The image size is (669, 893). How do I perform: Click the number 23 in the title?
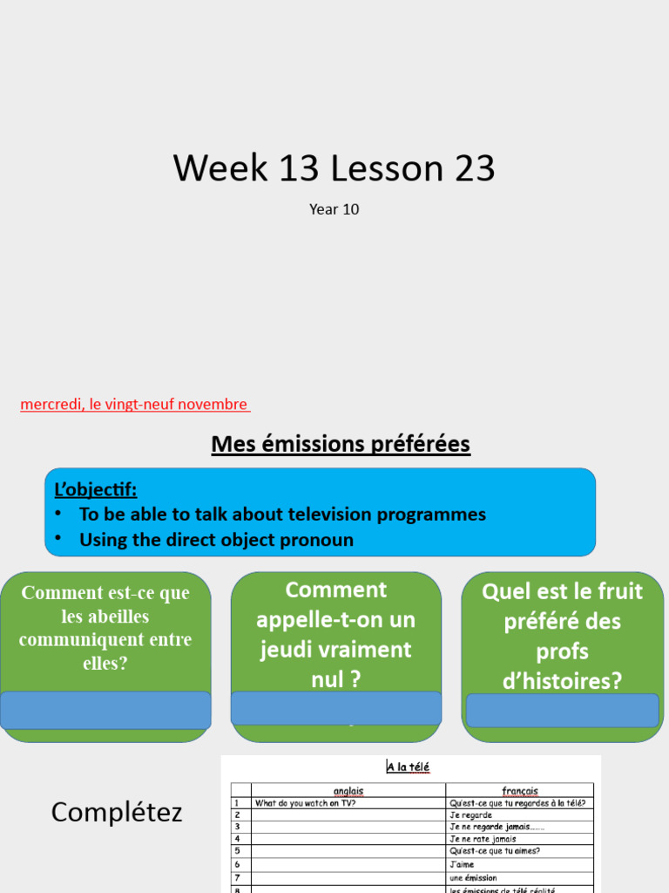click(471, 167)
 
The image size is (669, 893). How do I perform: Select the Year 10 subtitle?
click(334, 209)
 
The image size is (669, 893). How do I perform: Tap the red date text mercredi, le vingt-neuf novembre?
click(134, 405)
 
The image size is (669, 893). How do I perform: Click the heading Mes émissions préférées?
click(341, 445)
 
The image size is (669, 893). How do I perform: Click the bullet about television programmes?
click(282, 515)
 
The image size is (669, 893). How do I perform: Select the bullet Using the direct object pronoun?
click(216, 540)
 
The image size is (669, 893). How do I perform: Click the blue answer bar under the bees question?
click(105, 710)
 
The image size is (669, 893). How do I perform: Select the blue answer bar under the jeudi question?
click(336, 707)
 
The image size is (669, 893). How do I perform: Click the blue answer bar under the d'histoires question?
click(563, 710)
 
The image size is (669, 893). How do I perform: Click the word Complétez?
click(117, 813)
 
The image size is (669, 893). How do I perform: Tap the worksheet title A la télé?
click(409, 767)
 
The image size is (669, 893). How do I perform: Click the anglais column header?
click(348, 791)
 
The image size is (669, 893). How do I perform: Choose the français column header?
click(519, 791)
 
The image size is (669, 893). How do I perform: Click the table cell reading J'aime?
click(462, 864)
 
